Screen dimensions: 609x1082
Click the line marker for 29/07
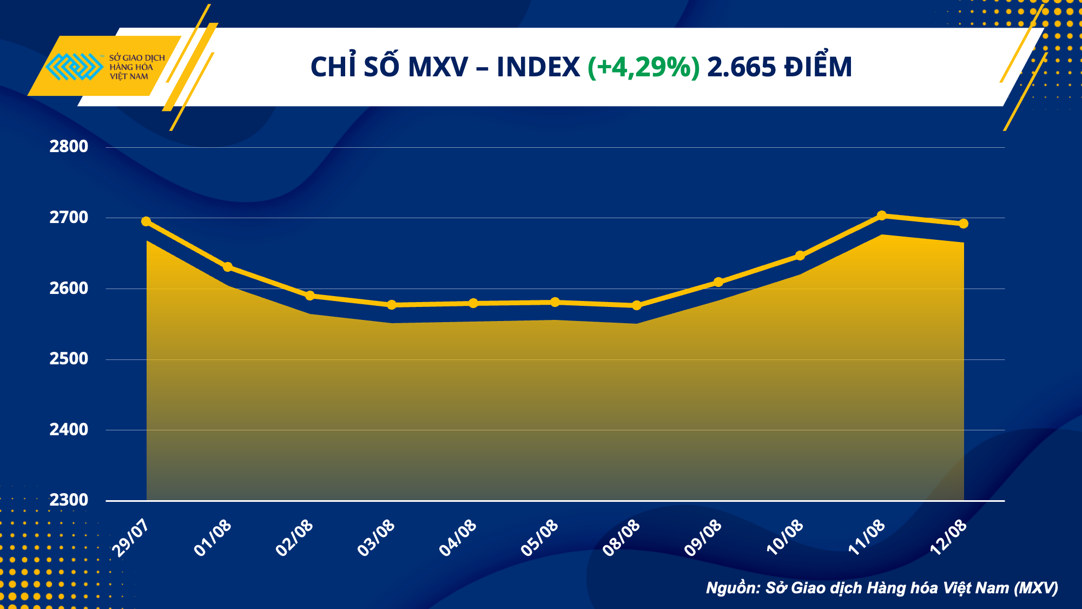[146, 221]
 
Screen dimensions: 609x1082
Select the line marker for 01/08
[228, 267]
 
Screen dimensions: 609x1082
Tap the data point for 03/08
[392, 305]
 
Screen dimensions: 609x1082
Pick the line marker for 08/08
[637, 305]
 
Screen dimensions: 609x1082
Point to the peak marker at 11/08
[882, 215]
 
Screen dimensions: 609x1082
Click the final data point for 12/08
[964, 224]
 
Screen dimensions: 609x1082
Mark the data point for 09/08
[718, 282]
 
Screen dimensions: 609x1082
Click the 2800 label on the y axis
[69, 146]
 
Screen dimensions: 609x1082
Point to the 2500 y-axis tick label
[69, 359]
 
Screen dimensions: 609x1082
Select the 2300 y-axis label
[69, 500]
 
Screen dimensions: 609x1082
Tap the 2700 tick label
[69, 218]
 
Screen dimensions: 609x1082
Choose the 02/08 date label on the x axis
[294, 538]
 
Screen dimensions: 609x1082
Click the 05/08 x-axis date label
[539, 538]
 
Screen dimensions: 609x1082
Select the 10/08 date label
[784, 538]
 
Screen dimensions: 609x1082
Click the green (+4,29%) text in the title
[643, 68]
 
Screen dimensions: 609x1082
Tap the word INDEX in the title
[538, 68]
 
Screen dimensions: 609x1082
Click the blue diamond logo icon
[74, 67]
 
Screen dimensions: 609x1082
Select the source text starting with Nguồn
[882, 588]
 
